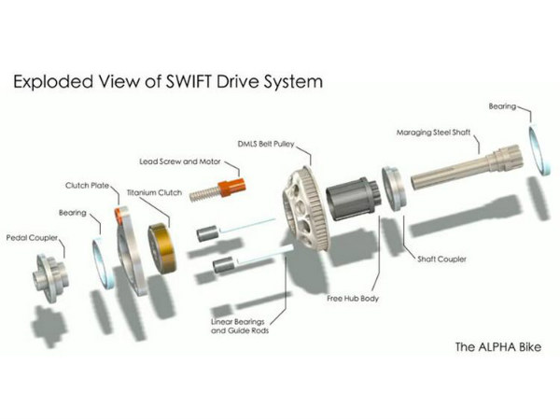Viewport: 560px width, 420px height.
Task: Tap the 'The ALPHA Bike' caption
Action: coord(497,347)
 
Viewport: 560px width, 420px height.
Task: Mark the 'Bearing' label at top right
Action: coord(505,107)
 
